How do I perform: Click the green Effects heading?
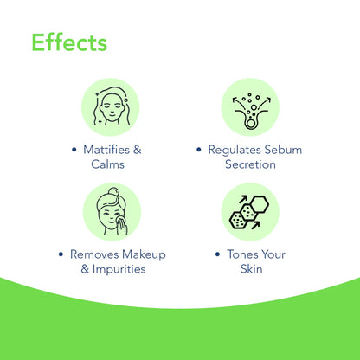tap(69, 42)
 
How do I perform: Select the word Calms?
tap(112, 165)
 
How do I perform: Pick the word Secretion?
tap(250, 165)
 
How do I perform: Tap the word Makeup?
tap(145, 254)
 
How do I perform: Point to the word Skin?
tap(250, 270)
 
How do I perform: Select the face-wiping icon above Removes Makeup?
tap(112, 212)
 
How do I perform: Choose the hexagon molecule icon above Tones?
tap(250, 212)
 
